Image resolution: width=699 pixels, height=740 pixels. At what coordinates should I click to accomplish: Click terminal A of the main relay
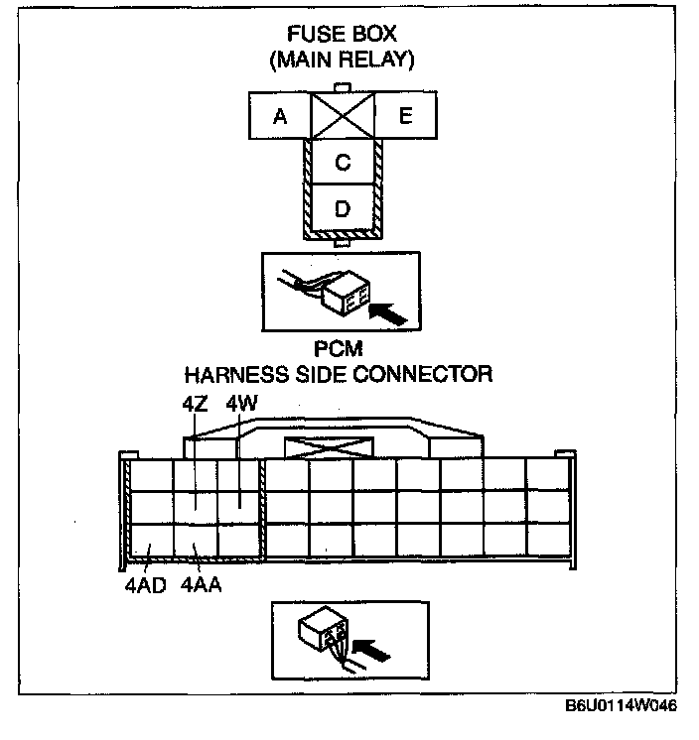pos(279,117)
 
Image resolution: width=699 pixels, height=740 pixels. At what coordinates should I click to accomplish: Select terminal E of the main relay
pos(404,117)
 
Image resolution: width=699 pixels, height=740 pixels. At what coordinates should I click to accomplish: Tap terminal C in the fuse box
pos(343,163)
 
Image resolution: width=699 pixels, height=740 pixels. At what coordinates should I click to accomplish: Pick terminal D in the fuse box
pos(343,209)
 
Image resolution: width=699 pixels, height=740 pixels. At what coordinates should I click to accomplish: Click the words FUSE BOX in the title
pos(342,36)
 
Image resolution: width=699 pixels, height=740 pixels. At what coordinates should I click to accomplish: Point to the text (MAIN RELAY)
pos(342,61)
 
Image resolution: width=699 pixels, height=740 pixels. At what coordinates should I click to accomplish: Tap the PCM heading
pos(338,351)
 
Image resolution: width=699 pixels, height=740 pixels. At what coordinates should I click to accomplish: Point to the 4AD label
pos(145,584)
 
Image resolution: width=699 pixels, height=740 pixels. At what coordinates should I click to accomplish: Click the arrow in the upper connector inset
pos(387,312)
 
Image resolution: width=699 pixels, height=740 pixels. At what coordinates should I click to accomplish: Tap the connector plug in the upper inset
pos(345,293)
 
